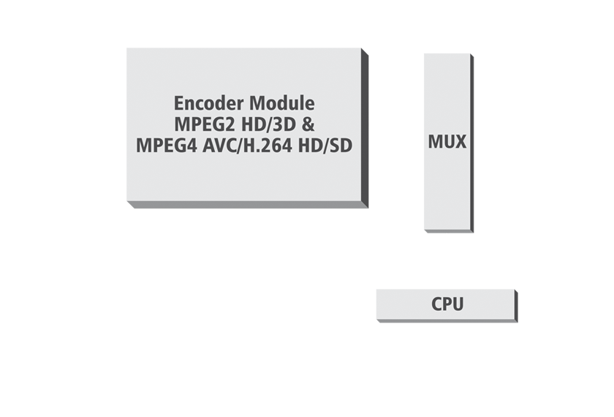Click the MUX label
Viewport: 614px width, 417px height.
pos(447,141)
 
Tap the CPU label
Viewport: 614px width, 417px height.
pos(447,304)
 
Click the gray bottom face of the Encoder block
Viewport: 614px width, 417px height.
pos(241,207)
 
